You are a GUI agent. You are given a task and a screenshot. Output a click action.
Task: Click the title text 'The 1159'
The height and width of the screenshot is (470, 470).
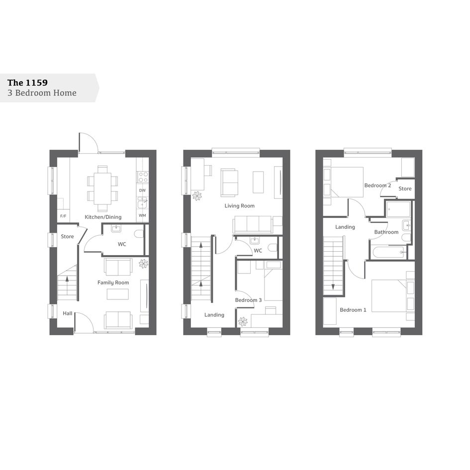tap(27, 83)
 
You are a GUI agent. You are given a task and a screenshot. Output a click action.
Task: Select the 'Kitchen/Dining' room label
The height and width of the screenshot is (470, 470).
tap(103, 217)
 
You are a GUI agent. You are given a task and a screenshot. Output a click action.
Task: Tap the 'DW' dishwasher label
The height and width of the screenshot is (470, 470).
tap(142, 190)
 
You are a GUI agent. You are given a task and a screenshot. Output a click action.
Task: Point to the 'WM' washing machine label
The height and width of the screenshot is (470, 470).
tap(142, 215)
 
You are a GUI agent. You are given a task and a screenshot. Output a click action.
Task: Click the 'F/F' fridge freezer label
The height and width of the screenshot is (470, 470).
tap(63, 216)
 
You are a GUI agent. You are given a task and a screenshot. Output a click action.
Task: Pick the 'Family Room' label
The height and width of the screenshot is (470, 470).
tap(113, 282)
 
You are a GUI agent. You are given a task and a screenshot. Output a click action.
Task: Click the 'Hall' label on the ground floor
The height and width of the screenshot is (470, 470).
tap(68, 313)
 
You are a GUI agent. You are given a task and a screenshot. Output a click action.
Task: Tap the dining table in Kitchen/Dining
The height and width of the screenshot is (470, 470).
tap(102, 188)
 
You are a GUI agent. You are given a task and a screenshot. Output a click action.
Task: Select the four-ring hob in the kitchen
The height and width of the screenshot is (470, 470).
tap(142, 177)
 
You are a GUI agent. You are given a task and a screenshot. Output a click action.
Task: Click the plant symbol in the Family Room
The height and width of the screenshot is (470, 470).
tap(144, 264)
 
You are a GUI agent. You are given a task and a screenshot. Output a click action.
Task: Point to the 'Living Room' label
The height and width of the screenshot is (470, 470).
tap(240, 206)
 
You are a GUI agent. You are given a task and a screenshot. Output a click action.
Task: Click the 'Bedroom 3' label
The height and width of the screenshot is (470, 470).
tap(248, 300)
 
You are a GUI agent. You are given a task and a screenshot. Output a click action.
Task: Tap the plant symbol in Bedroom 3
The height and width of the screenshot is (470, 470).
tap(243, 322)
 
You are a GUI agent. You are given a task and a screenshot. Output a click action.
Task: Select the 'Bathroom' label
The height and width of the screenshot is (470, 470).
tap(386, 232)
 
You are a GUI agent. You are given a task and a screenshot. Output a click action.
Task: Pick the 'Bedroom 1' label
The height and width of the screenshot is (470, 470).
tap(353, 310)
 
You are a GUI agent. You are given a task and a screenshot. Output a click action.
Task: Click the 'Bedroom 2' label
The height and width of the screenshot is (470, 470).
tap(377, 186)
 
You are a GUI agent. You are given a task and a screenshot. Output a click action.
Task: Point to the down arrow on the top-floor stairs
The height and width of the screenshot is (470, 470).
tap(333, 287)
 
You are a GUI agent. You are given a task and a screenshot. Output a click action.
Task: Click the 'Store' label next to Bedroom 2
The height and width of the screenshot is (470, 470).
tap(405, 188)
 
